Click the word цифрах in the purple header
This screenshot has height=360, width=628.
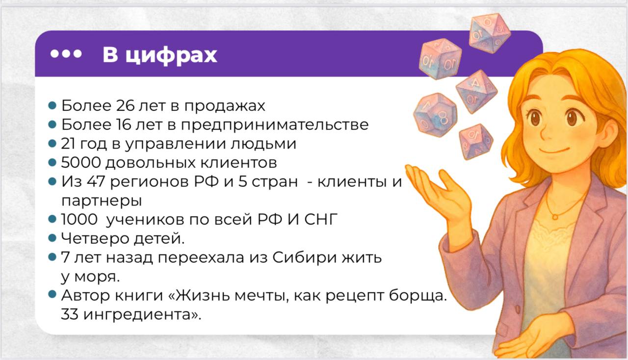pos(171,55)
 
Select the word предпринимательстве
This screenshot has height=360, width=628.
pos(275,125)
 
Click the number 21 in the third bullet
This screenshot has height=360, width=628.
pos(67,144)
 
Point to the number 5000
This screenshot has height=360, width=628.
pos(81,163)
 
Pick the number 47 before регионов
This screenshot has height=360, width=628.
pos(96,181)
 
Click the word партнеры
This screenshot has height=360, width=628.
pos(102,201)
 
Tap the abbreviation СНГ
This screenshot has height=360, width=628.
pos(321,219)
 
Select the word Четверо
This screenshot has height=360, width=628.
pos(95,238)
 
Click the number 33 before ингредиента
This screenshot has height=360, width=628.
pos(69,314)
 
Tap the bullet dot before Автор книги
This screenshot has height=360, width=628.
pos(52,294)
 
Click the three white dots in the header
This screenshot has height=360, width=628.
pos(66,53)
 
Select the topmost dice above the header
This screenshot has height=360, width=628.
pos(490,33)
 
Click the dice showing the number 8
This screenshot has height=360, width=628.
pos(435,115)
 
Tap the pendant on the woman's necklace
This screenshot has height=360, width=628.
pos(555,217)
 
